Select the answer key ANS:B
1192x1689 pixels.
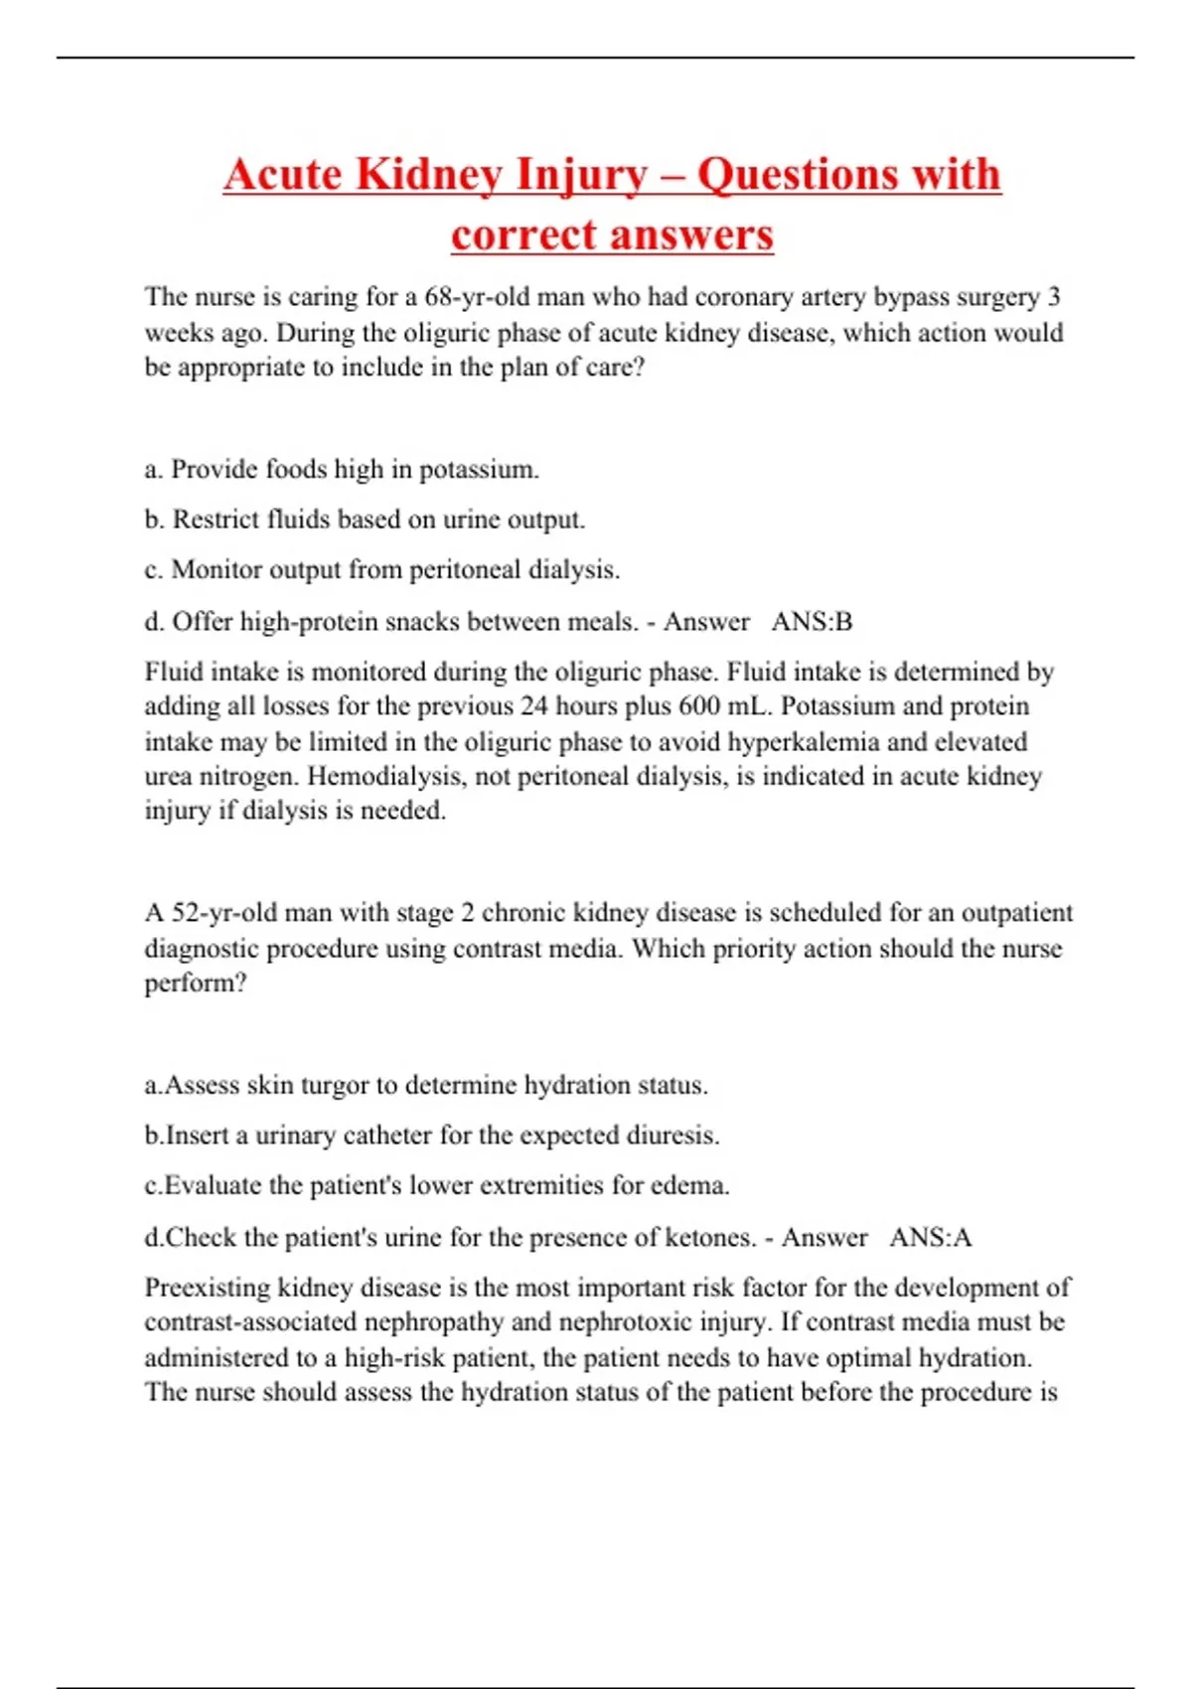pos(812,622)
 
